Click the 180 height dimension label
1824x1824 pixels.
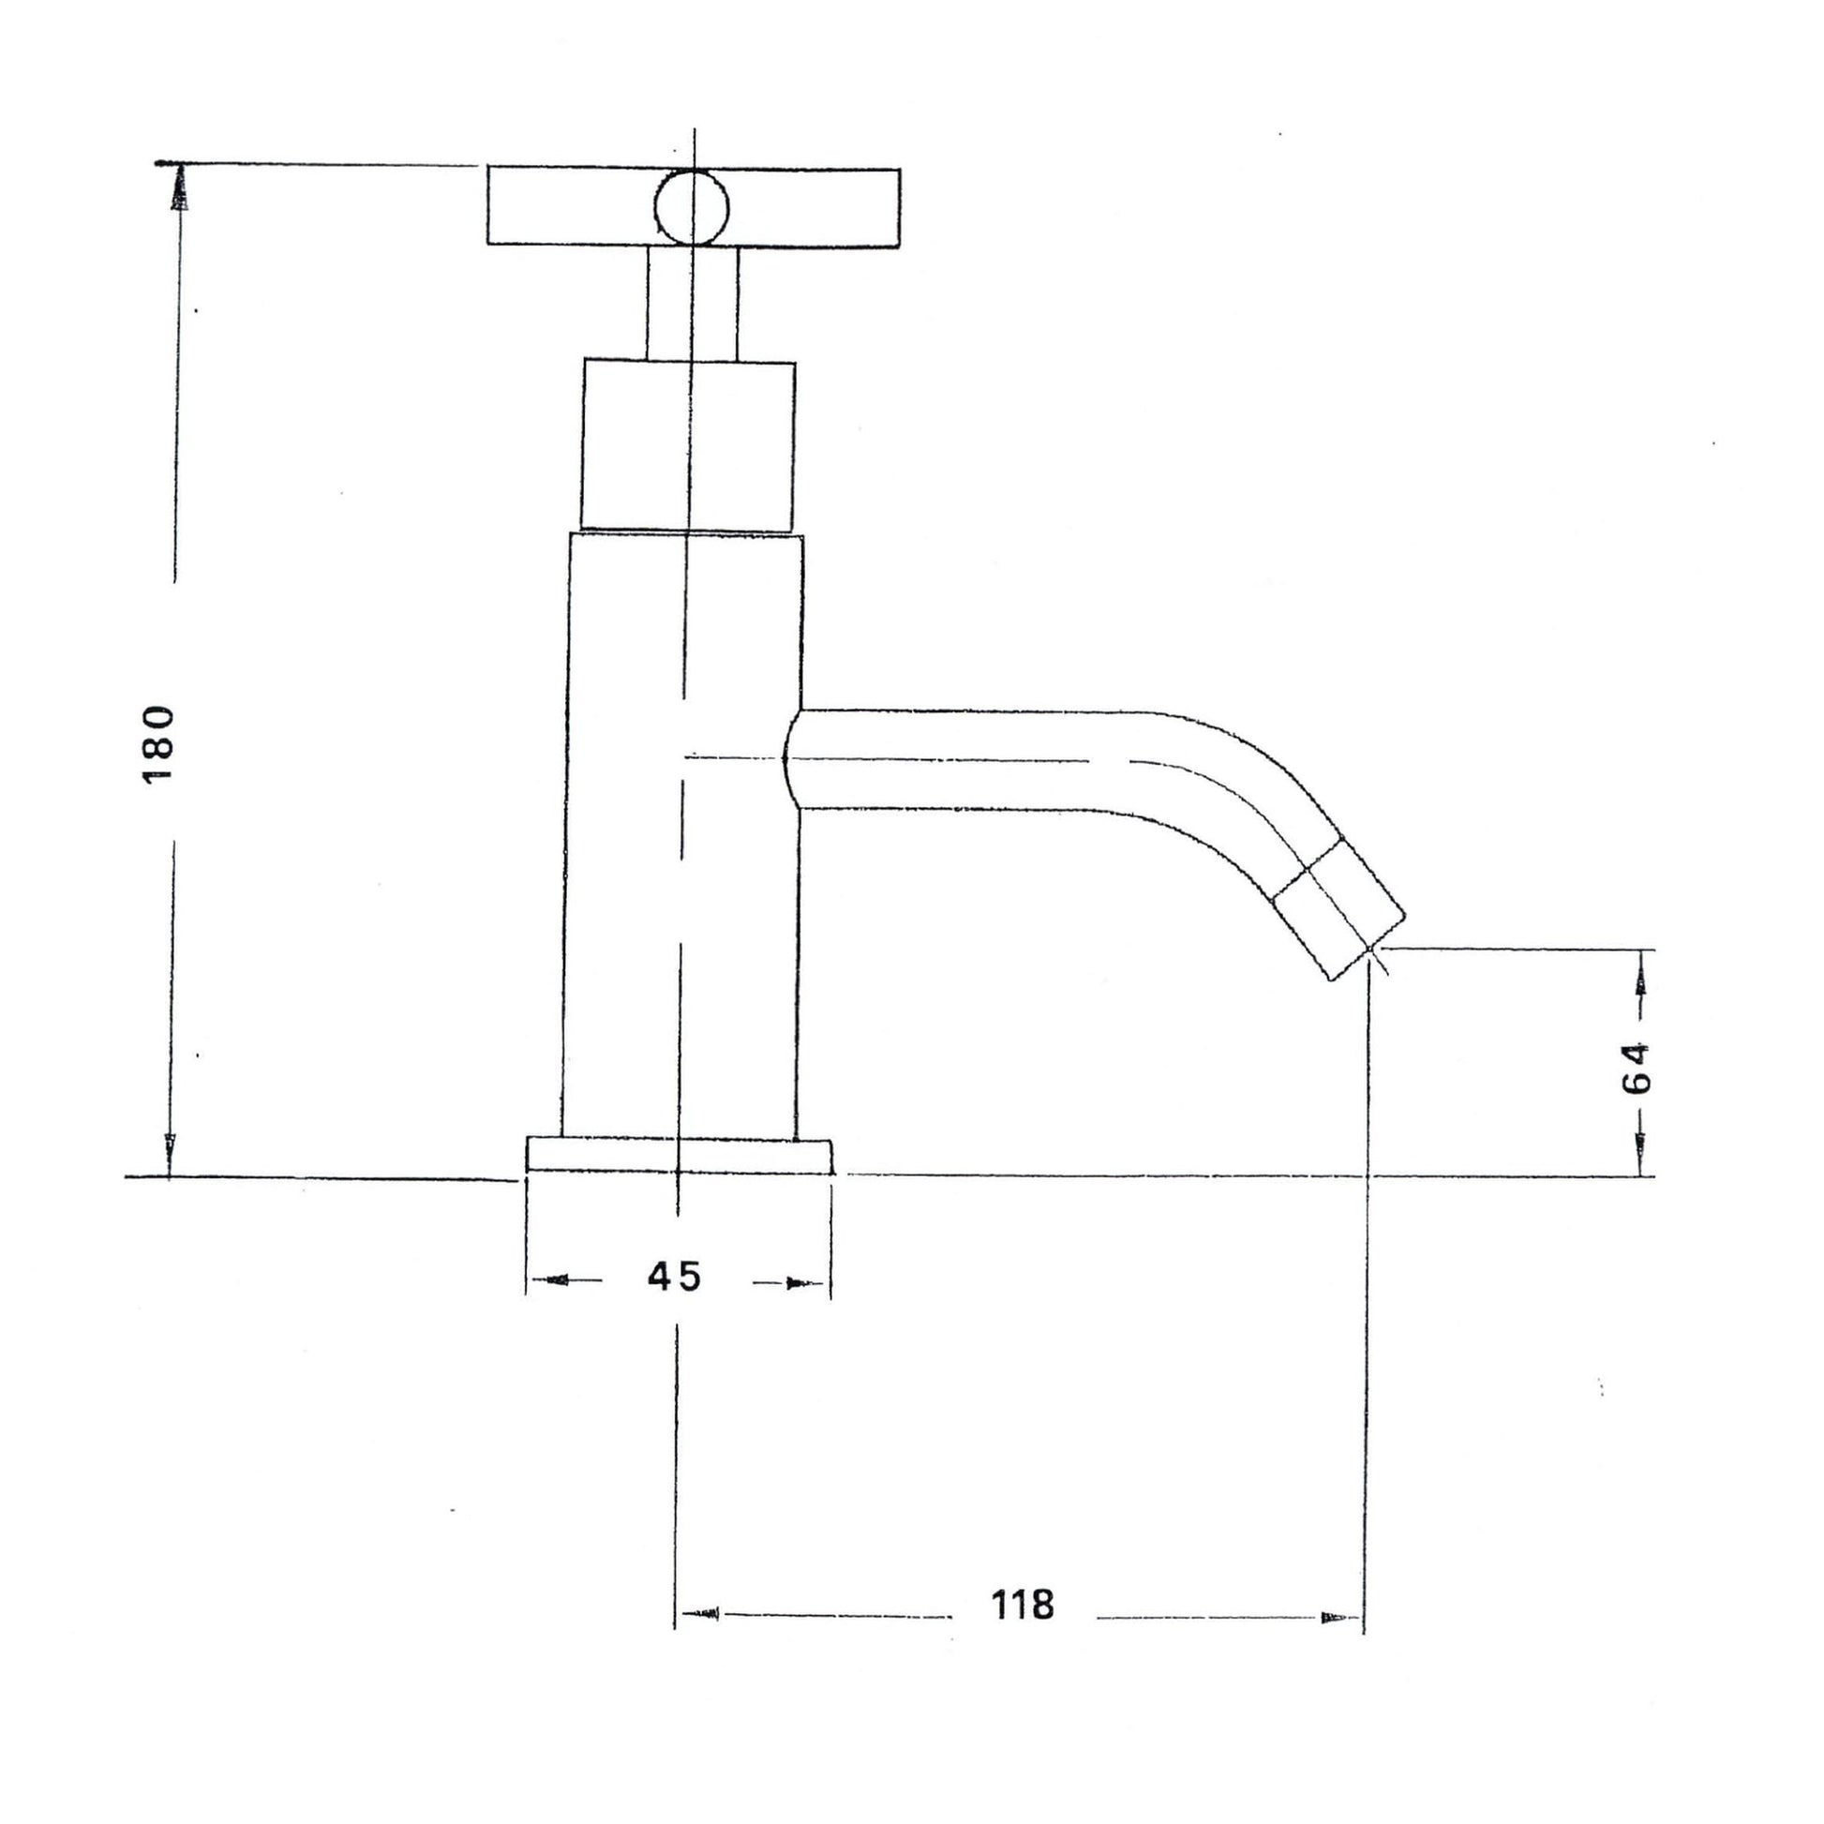pos(157,744)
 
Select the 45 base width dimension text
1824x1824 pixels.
pos(675,1278)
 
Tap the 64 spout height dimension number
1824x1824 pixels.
pos(1637,1067)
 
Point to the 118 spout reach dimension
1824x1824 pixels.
pos(1022,1604)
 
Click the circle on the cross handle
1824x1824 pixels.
pos(692,207)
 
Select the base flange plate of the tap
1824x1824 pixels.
pos(680,1156)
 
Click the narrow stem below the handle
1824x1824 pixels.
pos(692,302)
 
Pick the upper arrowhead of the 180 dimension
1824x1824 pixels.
pos(178,188)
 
